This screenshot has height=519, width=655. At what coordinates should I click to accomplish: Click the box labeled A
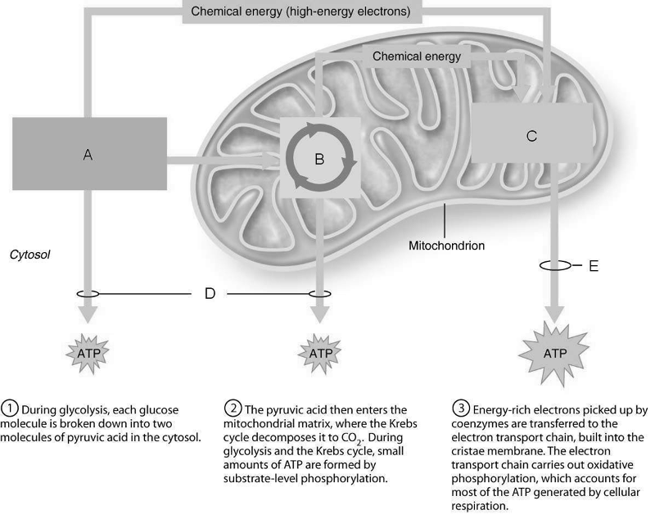pyautogui.click(x=88, y=155)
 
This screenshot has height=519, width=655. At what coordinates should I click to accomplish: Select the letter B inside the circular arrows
pyautogui.click(x=319, y=160)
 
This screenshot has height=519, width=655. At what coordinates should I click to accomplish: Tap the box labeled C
pyautogui.click(x=532, y=137)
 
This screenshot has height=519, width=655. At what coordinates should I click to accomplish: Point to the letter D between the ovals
pyautogui.click(x=209, y=292)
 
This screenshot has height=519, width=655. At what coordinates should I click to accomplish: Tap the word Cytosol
pyautogui.click(x=31, y=255)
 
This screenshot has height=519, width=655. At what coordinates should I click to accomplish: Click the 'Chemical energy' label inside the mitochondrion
pyautogui.click(x=417, y=56)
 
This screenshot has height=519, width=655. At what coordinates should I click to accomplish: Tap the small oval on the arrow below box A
pyautogui.click(x=88, y=292)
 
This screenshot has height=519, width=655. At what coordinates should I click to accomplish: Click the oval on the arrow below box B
pyautogui.click(x=319, y=292)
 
